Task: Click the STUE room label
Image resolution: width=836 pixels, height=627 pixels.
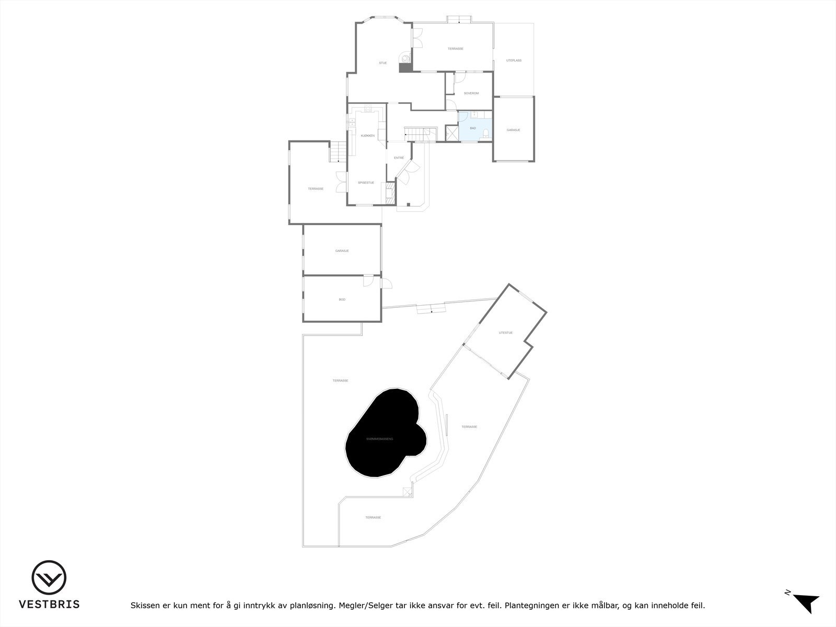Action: (x=383, y=63)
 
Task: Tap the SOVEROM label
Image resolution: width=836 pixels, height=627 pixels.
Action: (x=471, y=93)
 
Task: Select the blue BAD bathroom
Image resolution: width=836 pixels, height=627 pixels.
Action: (x=473, y=127)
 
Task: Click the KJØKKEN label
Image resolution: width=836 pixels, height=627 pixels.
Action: (x=367, y=136)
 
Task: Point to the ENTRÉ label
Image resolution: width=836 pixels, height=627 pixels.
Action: (x=399, y=158)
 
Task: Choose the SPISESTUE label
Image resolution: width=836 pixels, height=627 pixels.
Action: (x=366, y=182)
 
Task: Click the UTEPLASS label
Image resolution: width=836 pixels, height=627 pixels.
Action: (x=514, y=61)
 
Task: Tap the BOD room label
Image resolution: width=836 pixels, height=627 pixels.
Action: (x=342, y=299)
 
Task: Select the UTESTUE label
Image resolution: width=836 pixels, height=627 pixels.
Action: (x=505, y=333)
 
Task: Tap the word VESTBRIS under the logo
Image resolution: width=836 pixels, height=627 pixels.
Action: (x=49, y=604)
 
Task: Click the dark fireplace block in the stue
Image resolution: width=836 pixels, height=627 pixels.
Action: (x=405, y=67)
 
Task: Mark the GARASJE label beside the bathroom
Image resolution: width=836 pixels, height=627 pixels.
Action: (x=513, y=130)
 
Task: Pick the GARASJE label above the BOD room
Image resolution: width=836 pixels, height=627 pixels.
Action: (x=342, y=251)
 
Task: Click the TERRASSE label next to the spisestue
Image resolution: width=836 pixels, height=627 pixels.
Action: (x=315, y=189)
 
